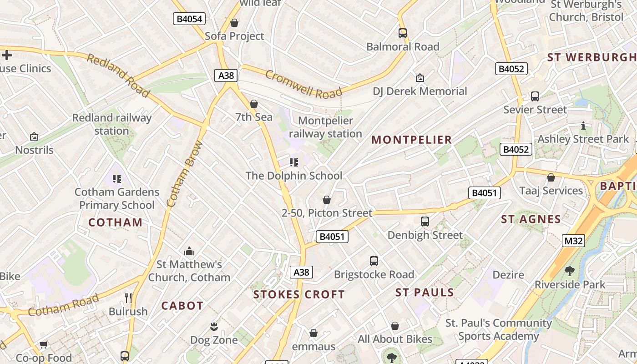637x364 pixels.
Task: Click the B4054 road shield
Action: point(190,19)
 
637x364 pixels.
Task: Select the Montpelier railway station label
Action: point(325,127)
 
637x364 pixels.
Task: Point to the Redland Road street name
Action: point(118,75)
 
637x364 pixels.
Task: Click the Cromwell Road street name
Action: point(303,84)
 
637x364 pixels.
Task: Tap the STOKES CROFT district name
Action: point(299,294)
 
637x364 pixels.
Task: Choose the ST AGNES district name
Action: point(531,219)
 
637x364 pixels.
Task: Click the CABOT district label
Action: point(182,306)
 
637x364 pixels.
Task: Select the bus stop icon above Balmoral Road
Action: point(402,33)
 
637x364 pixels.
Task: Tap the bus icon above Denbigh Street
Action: point(425,222)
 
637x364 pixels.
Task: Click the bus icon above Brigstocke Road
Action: point(374,261)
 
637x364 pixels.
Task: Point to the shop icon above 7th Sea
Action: point(254,104)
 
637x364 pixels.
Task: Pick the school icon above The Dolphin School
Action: point(294,162)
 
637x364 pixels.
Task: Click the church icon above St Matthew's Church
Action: point(189,251)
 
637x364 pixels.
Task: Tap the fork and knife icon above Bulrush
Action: point(128,298)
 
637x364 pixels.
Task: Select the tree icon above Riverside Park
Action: point(569,271)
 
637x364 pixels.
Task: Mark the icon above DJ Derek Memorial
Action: point(420,78)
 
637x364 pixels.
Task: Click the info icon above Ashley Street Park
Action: point(583,126)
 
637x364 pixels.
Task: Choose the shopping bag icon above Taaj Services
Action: point(551,177)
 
